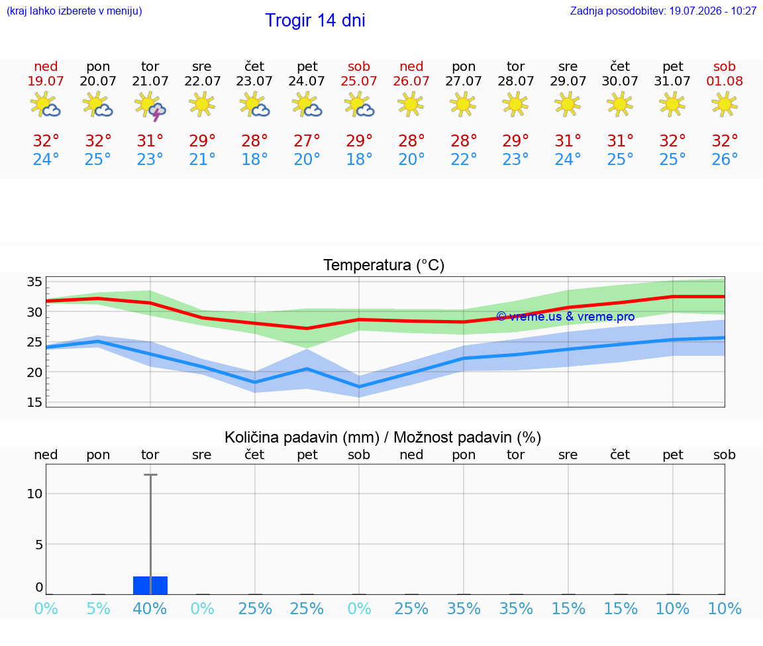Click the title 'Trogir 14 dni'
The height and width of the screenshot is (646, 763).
tap(315, 21)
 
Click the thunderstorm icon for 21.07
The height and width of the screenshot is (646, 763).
tap(150, 105)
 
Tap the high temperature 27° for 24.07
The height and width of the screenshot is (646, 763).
tap(307, 140)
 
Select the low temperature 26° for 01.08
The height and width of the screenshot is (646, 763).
tap(725, 159)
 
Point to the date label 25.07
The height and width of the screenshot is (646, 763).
tap(358, 81)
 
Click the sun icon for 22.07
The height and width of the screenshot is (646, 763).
tap(202, 104)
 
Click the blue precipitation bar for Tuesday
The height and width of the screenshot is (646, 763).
tap(150, 585)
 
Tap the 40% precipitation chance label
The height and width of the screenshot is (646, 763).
tap(150, 608)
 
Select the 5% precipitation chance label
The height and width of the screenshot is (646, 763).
tap(98, 608)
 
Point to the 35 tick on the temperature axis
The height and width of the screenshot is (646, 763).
tap(34, 282)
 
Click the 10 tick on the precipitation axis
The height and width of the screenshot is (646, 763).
tap(34, 494)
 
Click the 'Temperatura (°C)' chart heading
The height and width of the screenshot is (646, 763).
tap(384, 265)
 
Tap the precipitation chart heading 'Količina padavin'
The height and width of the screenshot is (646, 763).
tap(302, 437)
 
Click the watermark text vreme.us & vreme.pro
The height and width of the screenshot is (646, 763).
tap(566, 317)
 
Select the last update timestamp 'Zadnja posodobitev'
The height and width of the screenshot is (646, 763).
tap(663, 11)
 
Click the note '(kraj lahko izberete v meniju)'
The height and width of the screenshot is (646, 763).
tap(74, 11)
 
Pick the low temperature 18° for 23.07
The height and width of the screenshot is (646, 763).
tap(254, 159)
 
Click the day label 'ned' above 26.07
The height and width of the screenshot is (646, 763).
tap(411, 66)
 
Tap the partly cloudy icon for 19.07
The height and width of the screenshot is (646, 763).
tap(45, 104)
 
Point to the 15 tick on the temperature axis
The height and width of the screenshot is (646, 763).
tap(34, 402)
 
